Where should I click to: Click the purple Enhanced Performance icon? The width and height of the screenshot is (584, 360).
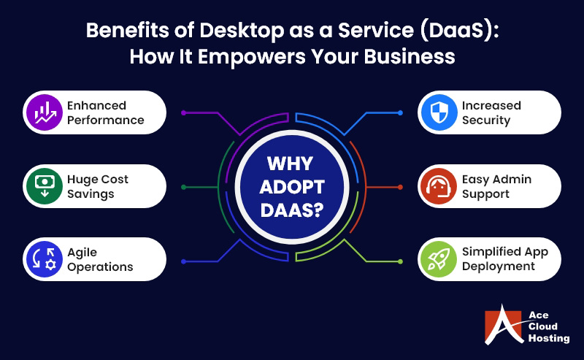point(44,112)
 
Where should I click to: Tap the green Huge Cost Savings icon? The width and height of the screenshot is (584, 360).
point(44,186)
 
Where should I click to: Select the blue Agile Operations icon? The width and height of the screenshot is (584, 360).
point(44,259)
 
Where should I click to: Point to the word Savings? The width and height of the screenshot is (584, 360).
point(91,194)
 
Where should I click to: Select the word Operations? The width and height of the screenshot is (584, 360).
point(100,267)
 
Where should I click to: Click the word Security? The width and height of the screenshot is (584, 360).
point(485,120)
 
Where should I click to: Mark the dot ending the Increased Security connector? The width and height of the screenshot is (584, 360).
point(400,112)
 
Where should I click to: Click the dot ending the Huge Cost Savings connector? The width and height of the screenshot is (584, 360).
point(183,187)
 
